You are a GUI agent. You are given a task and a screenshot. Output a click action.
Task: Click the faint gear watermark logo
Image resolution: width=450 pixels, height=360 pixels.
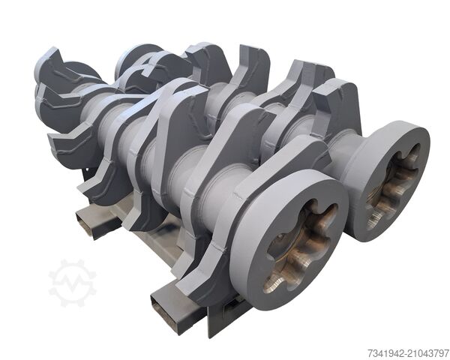72,283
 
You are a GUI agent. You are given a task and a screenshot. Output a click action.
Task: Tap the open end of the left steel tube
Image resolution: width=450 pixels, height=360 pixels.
85,223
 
